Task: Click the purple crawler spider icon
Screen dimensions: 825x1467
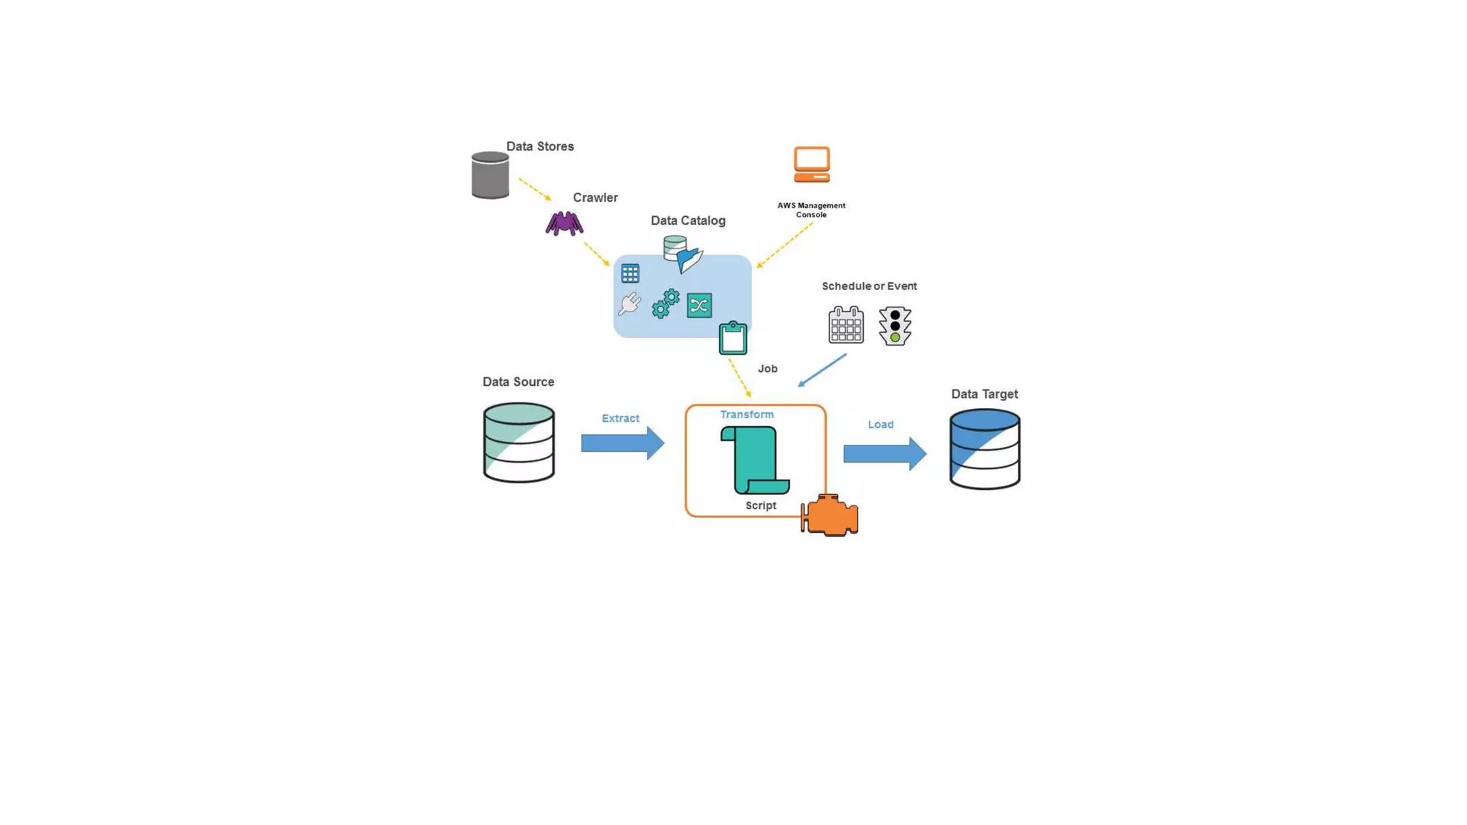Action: [564, 223]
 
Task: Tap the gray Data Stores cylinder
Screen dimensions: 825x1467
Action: [490, 175]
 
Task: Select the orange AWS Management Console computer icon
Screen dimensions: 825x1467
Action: [812, 165]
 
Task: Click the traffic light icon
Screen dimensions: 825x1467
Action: [895, 326]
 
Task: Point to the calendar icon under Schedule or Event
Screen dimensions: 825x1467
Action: [846, 325]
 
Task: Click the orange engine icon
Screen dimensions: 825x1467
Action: [830, 515]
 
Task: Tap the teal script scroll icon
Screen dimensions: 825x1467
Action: [755, 460]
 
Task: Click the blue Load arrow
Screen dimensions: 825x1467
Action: [884, 453]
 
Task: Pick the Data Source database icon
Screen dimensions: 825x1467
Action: [519, 442]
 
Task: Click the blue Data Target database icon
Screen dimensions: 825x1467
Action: [984, 449]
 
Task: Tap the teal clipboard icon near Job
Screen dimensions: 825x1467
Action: [733, 339]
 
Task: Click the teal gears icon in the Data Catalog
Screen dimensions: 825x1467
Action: [665, 304]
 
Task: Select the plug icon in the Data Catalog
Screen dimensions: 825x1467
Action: [630, 304]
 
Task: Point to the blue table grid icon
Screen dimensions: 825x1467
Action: [630, 273]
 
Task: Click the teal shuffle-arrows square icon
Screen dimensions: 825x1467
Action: [699, 305]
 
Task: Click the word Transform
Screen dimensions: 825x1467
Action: [746, 415]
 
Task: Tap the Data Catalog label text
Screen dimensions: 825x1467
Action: [688, 221]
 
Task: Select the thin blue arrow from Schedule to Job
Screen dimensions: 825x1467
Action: [822, 370]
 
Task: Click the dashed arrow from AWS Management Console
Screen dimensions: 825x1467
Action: [785, 245]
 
